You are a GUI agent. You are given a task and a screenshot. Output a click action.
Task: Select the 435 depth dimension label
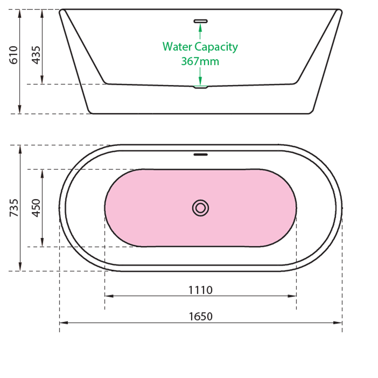[x=36, y=55]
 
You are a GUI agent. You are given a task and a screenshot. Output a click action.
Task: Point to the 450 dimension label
[x=36, y=208]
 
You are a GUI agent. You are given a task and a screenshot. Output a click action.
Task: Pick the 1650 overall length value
[x=200, y=317]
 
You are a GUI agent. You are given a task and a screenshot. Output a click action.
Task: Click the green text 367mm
[x=200, y=61]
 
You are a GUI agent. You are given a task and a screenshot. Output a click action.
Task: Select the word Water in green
[x=177, y=47]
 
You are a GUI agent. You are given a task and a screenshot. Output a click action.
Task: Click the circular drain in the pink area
[x=200, y=208]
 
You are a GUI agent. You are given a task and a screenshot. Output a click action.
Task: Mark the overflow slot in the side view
[x=200, y=20]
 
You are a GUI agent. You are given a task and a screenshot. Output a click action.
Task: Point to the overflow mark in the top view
[x=200, y=154]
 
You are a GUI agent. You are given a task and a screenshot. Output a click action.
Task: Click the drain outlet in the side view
[x=200, y=87]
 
